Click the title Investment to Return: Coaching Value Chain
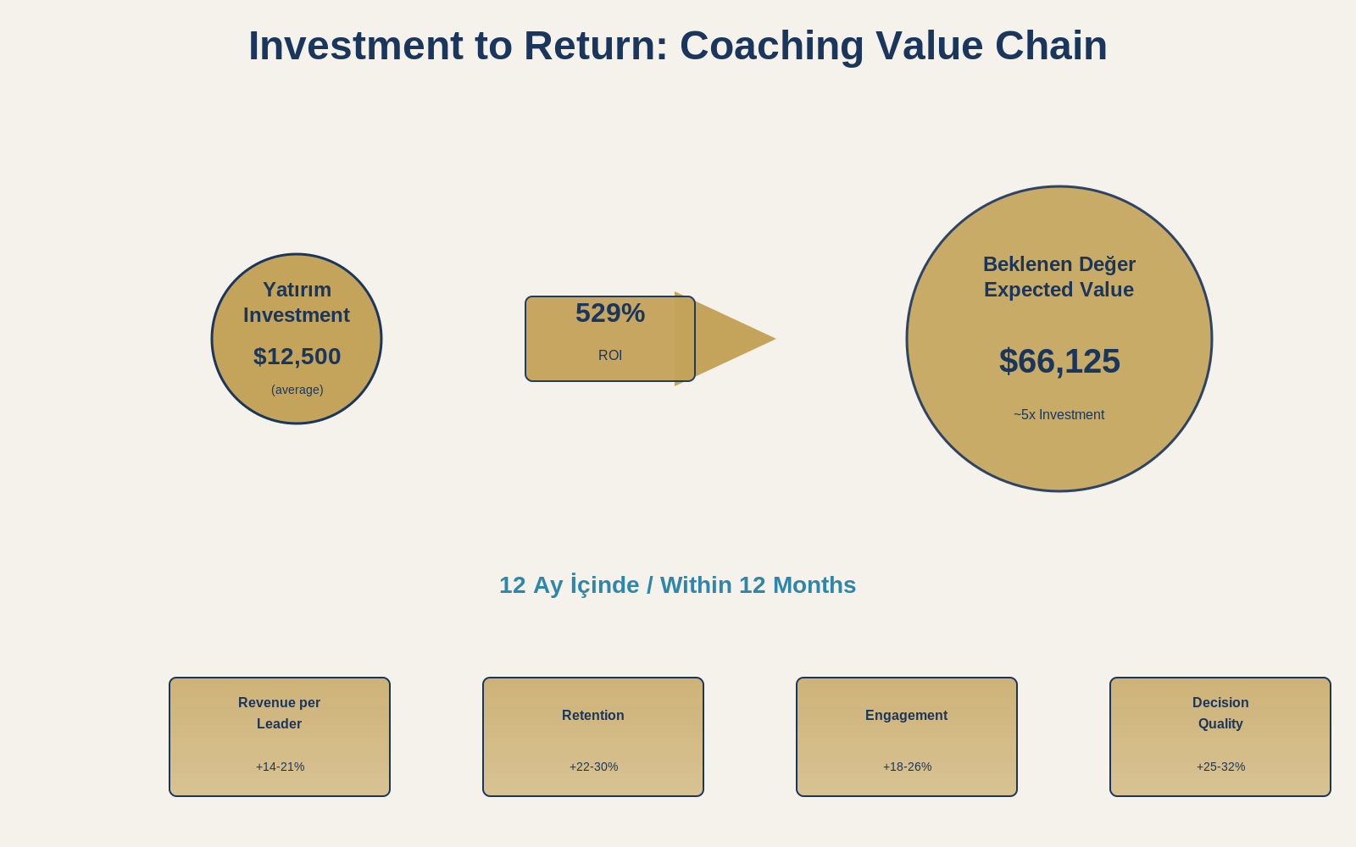pos(677,46)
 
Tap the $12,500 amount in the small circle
pos(297,357)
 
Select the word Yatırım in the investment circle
pos(297,290)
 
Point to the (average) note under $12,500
pos(297,390)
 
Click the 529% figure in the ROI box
pos(610,313)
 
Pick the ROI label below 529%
pos(610,356)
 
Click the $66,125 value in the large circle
pos(1059,362)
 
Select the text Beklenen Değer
pos(1059,264)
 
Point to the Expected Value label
pos(1059,290)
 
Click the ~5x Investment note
pos(1059,415)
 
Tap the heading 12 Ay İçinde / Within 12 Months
pos(677,585)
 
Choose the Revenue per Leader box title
pos(280,713)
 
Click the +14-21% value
pos(280,767)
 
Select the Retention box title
pos(593,716)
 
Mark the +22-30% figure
pos(593,767)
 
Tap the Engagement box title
pos(907,716)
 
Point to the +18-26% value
pos(907,767)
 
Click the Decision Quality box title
pos(1220,713)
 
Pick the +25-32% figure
pos(1220,767)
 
